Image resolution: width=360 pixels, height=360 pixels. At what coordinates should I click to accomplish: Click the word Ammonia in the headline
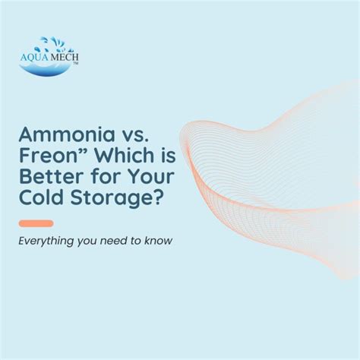[67, 134]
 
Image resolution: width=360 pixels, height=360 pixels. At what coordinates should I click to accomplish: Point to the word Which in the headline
[125, 155]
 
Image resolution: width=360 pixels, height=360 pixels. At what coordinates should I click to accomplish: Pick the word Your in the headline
[151, 176]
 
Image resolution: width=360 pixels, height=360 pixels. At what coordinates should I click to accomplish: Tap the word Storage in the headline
[111, 199]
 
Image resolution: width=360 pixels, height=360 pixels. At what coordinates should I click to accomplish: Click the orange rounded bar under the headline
[36, 223]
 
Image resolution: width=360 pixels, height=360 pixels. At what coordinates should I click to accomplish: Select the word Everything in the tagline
[46, 241]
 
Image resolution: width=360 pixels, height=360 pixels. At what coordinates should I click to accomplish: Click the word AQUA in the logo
[34, 57]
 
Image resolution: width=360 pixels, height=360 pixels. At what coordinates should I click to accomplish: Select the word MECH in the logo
[64, 57]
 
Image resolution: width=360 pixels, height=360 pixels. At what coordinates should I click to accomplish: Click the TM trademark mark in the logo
[75, 64]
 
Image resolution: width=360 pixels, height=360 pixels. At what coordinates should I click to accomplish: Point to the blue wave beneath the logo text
[45, 69]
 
